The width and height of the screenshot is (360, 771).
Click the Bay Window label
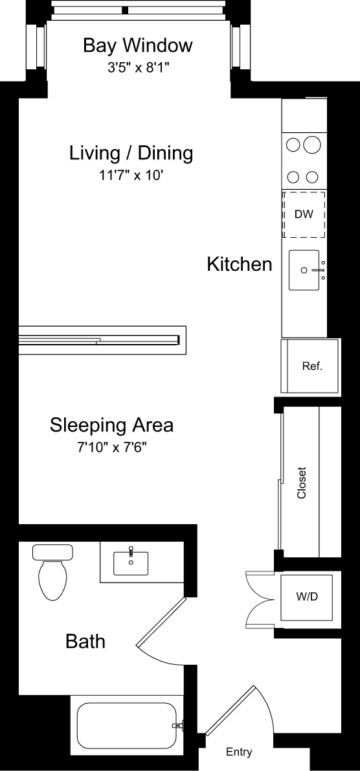pyautogui.click(x=137, y=45)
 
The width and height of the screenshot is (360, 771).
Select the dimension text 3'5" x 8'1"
pyautogui.click(x=137, y=67)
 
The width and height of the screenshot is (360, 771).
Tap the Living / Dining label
pyautogui.click(x=131, y=154)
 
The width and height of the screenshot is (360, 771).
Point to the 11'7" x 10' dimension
pyautogui.click(x=131, y=175)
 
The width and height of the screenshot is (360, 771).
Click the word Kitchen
pyautogui.click(x=239, y=264)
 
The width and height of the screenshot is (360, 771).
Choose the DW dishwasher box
pyautogui.click(x=304, y=214)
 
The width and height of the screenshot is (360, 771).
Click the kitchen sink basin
pyautogui.click(x=304, y=270)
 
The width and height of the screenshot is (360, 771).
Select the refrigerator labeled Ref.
pyautogui.click(x=311, y=366)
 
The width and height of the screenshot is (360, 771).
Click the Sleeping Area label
pyautogui.click(x=111, y=426)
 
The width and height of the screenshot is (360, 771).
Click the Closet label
pyautogui.click(x=301, y=483)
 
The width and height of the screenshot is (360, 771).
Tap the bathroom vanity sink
pyautogui.click(x=130, y=563)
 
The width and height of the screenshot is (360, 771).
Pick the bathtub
pyautogui.click(x=126, y=726)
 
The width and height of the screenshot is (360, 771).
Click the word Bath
pyautogui.click(x=85, y=642)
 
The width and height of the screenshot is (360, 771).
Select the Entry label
pyautogui.click(x=239, y=752)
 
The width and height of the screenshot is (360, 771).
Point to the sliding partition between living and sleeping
pyautogui.click(x=100, y=339)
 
